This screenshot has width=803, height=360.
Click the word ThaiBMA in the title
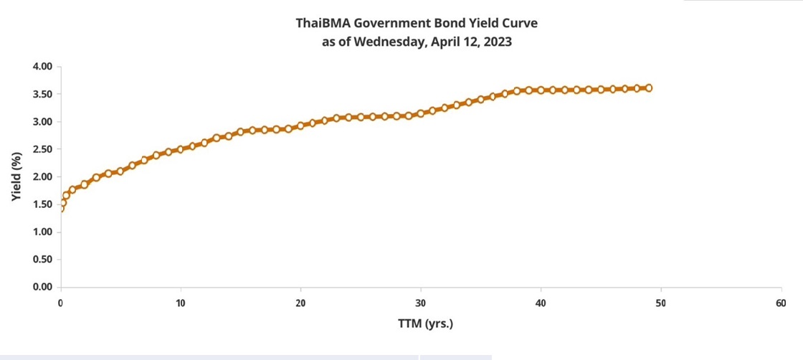323,23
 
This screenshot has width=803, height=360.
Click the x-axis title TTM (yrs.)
425,323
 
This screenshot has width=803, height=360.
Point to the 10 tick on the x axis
181,303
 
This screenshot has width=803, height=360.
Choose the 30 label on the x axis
421,303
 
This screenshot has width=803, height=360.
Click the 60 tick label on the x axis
781,303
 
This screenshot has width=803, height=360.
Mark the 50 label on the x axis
660,303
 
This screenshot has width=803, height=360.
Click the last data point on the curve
649,88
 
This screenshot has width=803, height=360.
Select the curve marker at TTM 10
181,149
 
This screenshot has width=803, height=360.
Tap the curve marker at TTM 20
300,125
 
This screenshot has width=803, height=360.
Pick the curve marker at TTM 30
421,113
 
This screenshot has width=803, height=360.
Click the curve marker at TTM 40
541,90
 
